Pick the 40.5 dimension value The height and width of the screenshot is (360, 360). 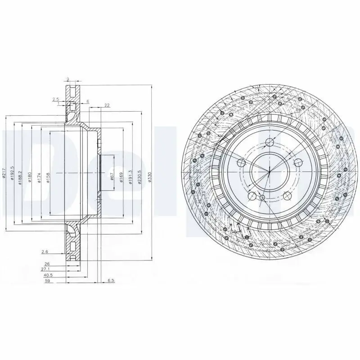pyautogui.click(x=48, y=274)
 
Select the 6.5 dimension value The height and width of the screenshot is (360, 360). pyautogui.click(x=111, y=280)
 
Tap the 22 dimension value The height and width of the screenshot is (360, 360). pyautogui.click(x=107, y=105)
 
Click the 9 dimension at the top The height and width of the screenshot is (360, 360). pyautogui.click(x=67, y=80)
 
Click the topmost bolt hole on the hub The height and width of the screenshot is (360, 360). pyautogui.click(x=270, y=143)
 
